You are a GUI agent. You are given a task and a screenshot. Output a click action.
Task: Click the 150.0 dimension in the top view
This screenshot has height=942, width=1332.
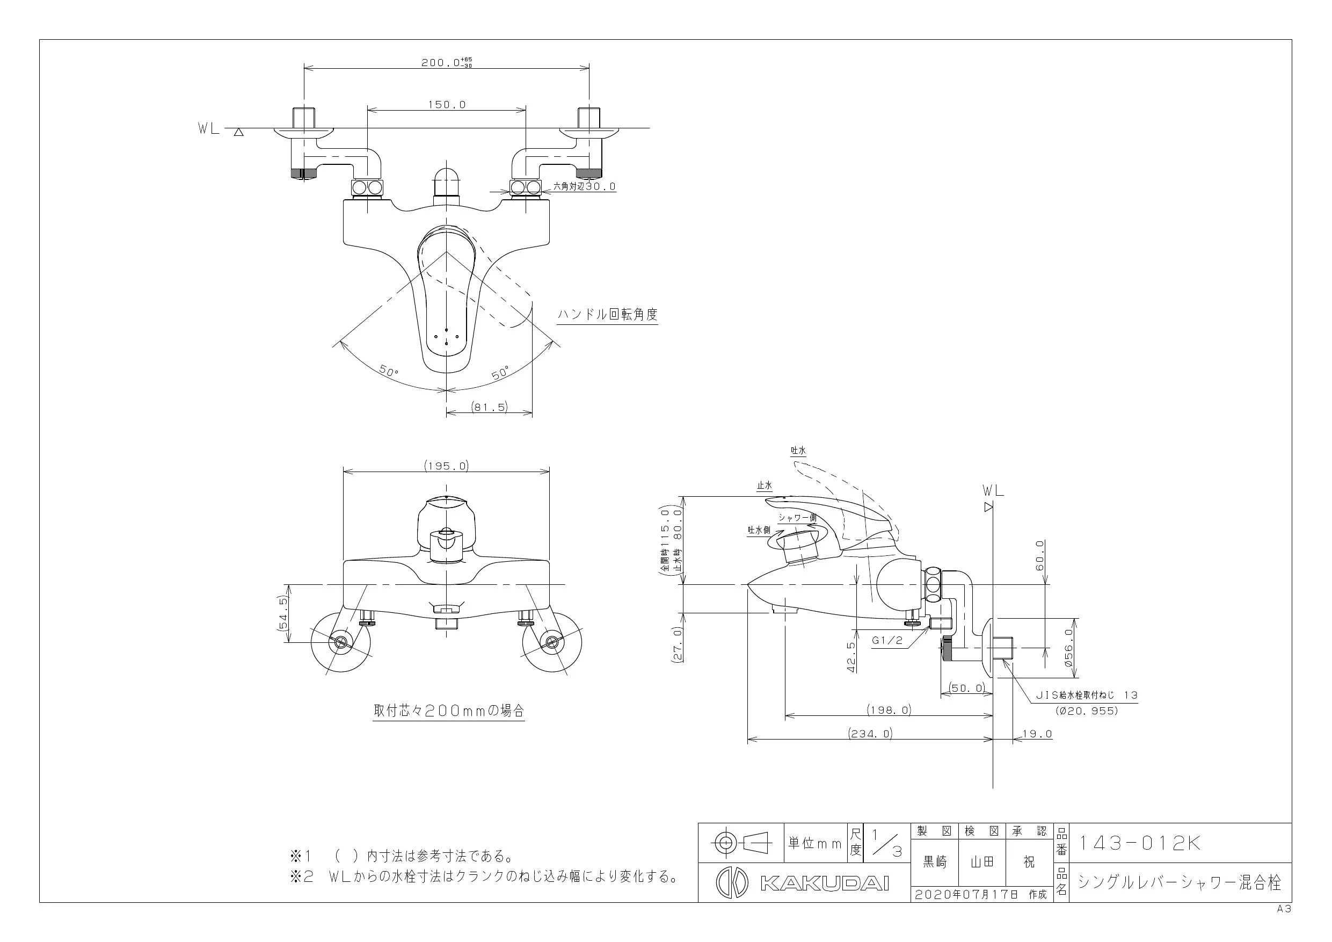click(x=447, y=105)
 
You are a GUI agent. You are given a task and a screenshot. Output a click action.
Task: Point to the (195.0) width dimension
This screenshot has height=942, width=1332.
click(x=446, y=466)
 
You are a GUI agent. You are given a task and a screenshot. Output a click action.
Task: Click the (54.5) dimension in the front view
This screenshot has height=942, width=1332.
click(x=283, y=618)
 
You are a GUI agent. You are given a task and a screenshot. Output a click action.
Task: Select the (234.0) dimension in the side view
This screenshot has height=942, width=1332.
click(x=870, y=733)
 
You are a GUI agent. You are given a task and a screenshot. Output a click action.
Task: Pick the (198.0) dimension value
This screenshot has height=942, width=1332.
click(x=889, y=709)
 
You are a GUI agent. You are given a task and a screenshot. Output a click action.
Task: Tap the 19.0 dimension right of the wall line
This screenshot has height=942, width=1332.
click(x=1037, y=734)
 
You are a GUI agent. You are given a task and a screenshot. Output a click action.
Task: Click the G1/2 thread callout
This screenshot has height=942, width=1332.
click(x=887, y=641)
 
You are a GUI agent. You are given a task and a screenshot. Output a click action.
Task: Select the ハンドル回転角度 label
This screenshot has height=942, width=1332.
click(x=607, y=315)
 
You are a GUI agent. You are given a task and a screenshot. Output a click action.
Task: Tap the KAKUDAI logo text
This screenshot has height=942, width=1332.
click(x=824, y=883)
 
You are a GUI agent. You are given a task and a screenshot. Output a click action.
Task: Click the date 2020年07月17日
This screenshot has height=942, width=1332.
click(x=967, y=894)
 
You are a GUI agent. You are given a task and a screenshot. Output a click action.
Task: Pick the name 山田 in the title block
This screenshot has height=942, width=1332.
click(x=981, y=863)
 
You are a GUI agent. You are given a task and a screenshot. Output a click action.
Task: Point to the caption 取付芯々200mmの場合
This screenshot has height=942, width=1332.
click(x=449, y=711)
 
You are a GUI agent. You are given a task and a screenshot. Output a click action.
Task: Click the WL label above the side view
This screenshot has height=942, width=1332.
click(x=993, y=490)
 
